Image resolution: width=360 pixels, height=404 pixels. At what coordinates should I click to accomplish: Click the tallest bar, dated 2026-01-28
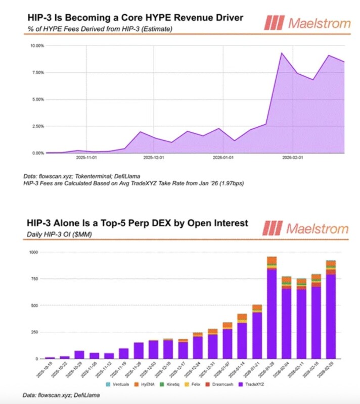click(272, 308)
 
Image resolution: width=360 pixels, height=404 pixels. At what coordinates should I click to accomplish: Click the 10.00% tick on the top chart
click(36, 46)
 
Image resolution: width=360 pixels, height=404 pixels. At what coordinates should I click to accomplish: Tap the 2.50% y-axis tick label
click(37, 126)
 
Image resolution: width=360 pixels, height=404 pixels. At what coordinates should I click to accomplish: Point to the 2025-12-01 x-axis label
click(154, 159)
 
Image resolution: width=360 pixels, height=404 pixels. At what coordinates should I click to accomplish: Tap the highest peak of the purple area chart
click(282, 53)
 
